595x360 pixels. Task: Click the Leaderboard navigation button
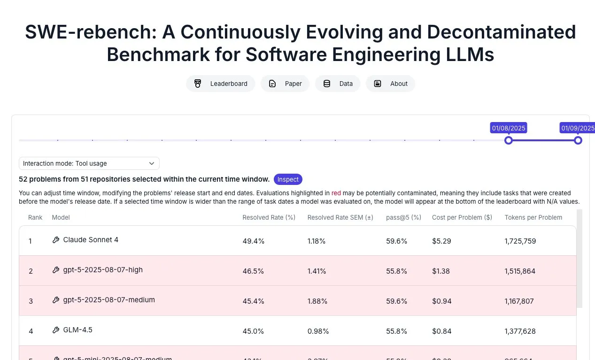tap(221, 84)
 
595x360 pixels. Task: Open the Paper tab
tap(285, 84)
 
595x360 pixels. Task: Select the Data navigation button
tap(338, 84)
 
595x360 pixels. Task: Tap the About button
tap(390, 84)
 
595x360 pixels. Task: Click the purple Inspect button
tap(288, 179)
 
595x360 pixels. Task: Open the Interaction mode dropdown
tap(89, 163)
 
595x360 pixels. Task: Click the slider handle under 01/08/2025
tap(508, 140)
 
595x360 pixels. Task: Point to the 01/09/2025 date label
tap(578, 128)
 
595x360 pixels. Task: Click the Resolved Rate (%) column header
tap(269, 217)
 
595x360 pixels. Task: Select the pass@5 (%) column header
tap(403, 217)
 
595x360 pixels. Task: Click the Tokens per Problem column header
tap(533, 217)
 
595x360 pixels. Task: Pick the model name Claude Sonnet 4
tap(91, 240)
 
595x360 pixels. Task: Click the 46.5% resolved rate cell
tap(253, 271)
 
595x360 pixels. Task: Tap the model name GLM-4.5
tap(77, 330)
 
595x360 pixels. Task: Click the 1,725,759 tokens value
tap(520, 241)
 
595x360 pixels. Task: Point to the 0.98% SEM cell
tap(318, 331)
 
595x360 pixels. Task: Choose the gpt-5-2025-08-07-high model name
tap(103, 270)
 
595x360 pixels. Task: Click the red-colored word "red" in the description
tap(336, 193)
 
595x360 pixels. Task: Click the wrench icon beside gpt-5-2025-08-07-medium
tap(56, 300)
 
